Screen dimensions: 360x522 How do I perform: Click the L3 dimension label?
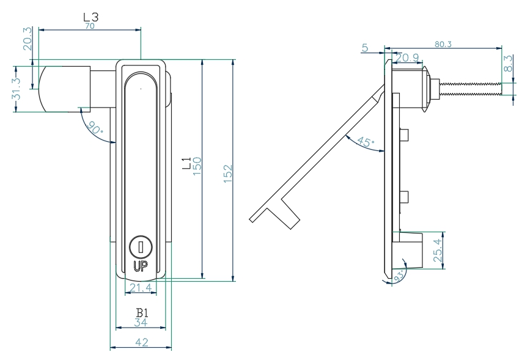pos(90,18)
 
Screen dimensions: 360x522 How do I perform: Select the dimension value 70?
pos(90,26)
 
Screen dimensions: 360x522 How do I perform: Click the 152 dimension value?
pos(227,174)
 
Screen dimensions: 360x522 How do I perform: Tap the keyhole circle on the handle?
pos(140,247)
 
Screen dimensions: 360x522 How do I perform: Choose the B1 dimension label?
pos(142,313)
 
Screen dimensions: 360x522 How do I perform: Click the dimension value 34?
pos(142,323)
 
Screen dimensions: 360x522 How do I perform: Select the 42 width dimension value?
pos(141,342)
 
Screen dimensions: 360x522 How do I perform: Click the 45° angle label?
pos(365,142)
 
